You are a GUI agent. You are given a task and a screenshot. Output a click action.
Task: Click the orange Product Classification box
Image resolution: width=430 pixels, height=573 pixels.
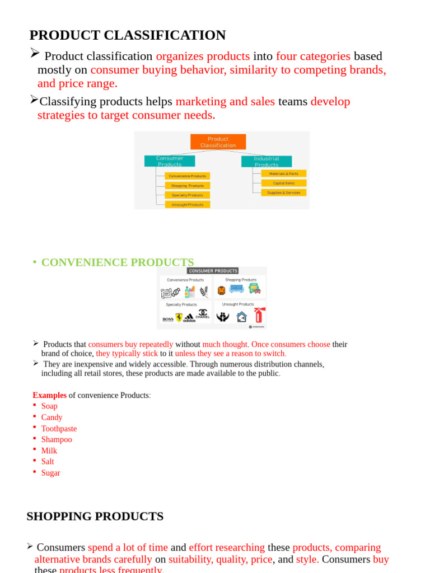(x=218, y=142)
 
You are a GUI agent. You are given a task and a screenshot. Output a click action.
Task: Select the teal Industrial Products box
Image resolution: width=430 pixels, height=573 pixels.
(x=267, y=161)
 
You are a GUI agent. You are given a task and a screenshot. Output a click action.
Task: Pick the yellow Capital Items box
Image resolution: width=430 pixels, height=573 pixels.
(x=284, y=183)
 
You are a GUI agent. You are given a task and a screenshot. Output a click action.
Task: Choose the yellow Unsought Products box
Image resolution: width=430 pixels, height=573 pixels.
(x=188, y=205)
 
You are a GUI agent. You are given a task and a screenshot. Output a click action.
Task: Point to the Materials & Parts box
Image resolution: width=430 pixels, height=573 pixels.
(x=284, y=173)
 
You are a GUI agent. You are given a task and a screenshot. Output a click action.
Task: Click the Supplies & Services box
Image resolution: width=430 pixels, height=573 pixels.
(x=284, y=192)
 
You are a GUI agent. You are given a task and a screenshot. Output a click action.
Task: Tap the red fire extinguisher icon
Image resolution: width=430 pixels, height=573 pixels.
(x=259, y=315)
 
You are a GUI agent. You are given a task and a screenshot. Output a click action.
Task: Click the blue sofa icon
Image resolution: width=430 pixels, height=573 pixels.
(x=236, y=289)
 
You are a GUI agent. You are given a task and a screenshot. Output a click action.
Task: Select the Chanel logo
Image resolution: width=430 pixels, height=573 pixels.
(x=203, y=315)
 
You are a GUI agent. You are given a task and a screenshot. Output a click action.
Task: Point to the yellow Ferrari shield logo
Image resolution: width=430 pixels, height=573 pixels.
(x=179, y=317)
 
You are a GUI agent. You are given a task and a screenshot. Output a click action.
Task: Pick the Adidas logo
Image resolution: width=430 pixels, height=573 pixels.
(x=190, y=317)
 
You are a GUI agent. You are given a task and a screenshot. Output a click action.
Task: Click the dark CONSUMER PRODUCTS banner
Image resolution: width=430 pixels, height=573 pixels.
(x=212, y=271)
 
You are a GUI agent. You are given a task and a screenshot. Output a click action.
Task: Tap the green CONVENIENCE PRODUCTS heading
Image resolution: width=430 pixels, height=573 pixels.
(x=118, y=262)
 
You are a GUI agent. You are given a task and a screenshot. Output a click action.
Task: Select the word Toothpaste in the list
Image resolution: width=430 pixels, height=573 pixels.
(x=59, y=429)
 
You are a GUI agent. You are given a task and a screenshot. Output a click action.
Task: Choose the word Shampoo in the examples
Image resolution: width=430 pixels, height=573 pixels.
(x=57, y=439)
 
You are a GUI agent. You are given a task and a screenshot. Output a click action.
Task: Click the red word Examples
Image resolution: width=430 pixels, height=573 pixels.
(x=49, y=395)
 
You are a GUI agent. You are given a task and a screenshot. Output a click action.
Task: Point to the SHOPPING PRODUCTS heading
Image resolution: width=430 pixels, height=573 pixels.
(x=95, y=516)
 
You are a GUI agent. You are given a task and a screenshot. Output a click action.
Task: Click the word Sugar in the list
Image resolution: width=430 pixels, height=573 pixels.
(x=50, y=473)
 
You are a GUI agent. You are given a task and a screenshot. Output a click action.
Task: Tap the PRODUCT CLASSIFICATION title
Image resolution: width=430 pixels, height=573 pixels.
(x=127, y=35)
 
